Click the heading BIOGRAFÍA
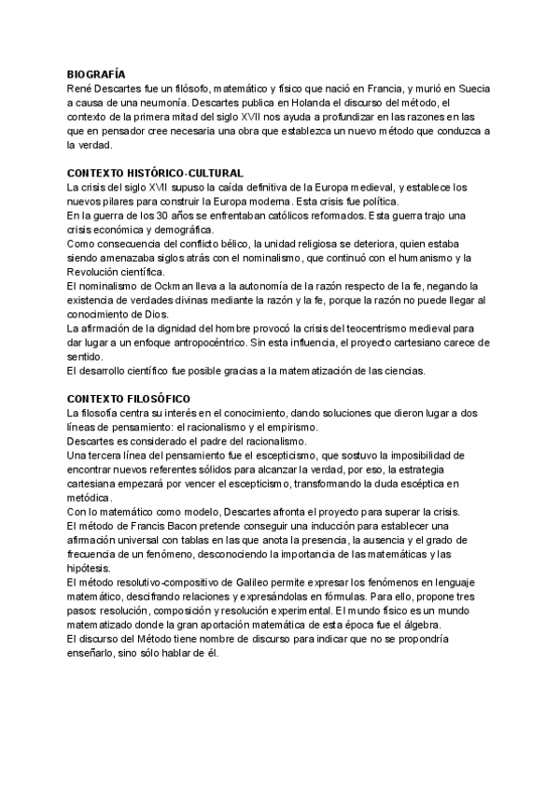pyautogui.click(x=97, y=74)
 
